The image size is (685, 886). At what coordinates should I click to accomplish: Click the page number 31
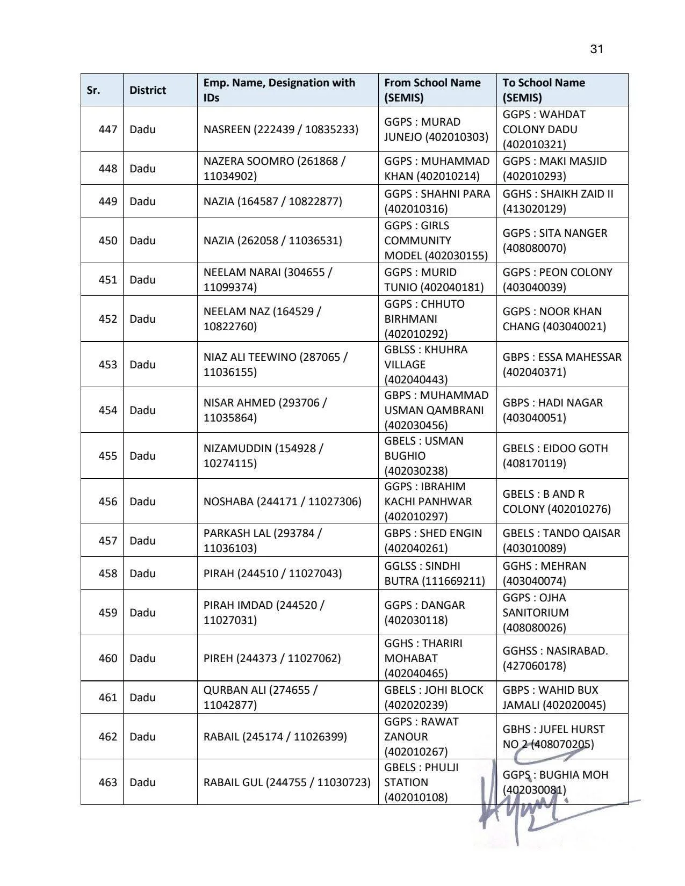pos(596,49)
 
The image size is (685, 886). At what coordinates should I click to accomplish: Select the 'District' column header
pos(148,90)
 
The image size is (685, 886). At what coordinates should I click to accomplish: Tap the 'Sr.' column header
pos(93,90)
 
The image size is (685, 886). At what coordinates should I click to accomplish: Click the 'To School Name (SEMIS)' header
pos(544,90)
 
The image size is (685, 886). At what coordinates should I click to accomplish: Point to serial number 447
pos(107,129)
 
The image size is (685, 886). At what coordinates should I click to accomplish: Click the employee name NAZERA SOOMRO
pos(274,169)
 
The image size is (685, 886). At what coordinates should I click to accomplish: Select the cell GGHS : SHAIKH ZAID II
pos(558,201)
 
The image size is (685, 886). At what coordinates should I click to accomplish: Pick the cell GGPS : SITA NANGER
pos(554,241)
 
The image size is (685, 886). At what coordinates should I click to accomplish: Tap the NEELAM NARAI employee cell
pos(268,280)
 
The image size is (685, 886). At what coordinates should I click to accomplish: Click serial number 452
pos(107,319)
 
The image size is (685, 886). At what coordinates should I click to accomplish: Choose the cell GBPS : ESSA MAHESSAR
pos(561,365)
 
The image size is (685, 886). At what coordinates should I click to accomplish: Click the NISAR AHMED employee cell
pos(265,410)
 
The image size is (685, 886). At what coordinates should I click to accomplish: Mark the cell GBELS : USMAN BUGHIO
pos(424,456)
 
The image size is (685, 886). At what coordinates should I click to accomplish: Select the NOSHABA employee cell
pos(282,502)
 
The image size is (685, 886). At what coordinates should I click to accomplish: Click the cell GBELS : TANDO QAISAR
pos(561,541)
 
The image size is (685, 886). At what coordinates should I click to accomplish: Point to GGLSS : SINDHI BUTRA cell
pos(434,573)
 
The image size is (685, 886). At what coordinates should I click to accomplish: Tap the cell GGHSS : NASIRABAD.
pos(555,658)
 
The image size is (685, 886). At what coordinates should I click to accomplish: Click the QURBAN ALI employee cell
pos(261,698)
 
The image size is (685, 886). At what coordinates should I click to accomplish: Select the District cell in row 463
pos(142,782)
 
